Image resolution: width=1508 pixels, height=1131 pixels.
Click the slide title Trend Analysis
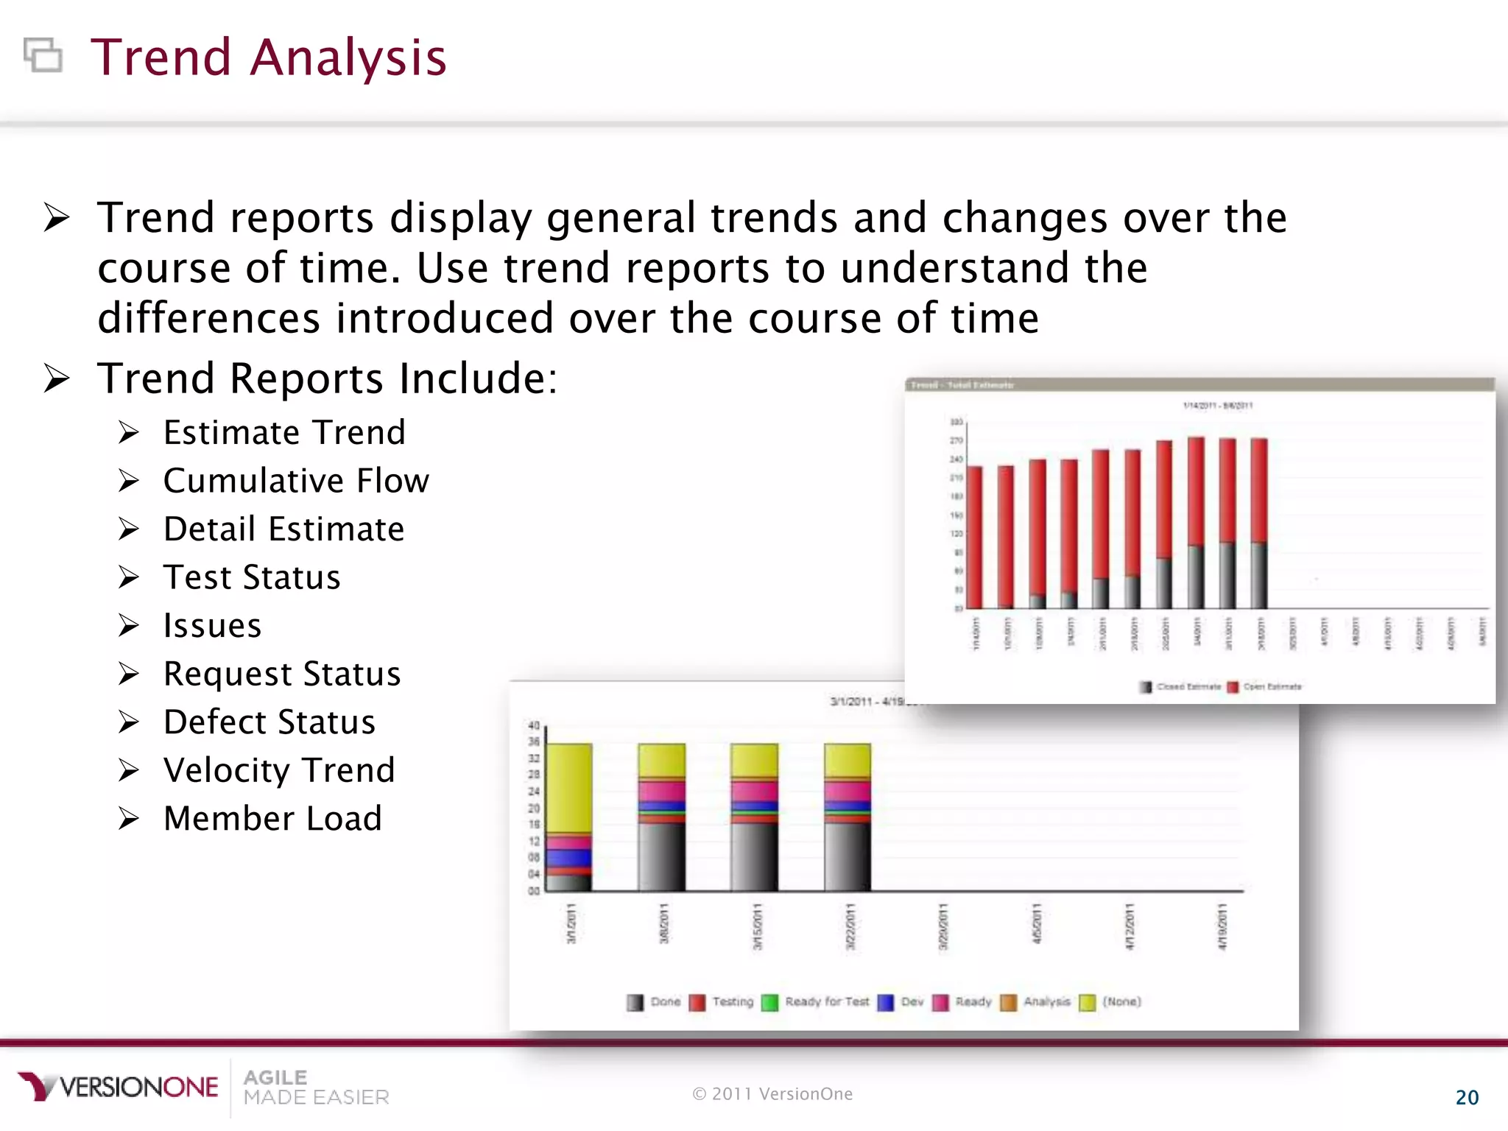click(268, 57)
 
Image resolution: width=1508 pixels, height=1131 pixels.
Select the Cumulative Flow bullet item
click(295, 481)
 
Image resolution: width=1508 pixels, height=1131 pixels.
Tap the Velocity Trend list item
click(279, 770)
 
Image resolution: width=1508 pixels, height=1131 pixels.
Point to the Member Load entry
click(272, 819)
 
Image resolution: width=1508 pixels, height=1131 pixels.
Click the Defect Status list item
click(269, 722)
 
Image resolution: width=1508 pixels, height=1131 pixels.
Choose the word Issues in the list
click(212, 626)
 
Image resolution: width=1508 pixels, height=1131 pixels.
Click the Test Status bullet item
click(252, 577)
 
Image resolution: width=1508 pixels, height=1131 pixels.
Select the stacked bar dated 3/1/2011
click(568, 817)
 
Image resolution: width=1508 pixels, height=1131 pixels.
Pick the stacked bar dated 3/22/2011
click(847, 817)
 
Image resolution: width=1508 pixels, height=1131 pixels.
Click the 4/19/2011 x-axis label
click(1222, 926)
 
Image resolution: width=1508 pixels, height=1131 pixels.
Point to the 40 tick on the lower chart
click(534, 725)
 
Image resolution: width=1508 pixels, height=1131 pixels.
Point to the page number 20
click(1467, 1098)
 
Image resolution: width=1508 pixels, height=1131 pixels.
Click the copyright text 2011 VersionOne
click(772, 1094)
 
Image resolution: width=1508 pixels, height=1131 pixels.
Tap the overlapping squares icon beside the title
click(43, 55)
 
